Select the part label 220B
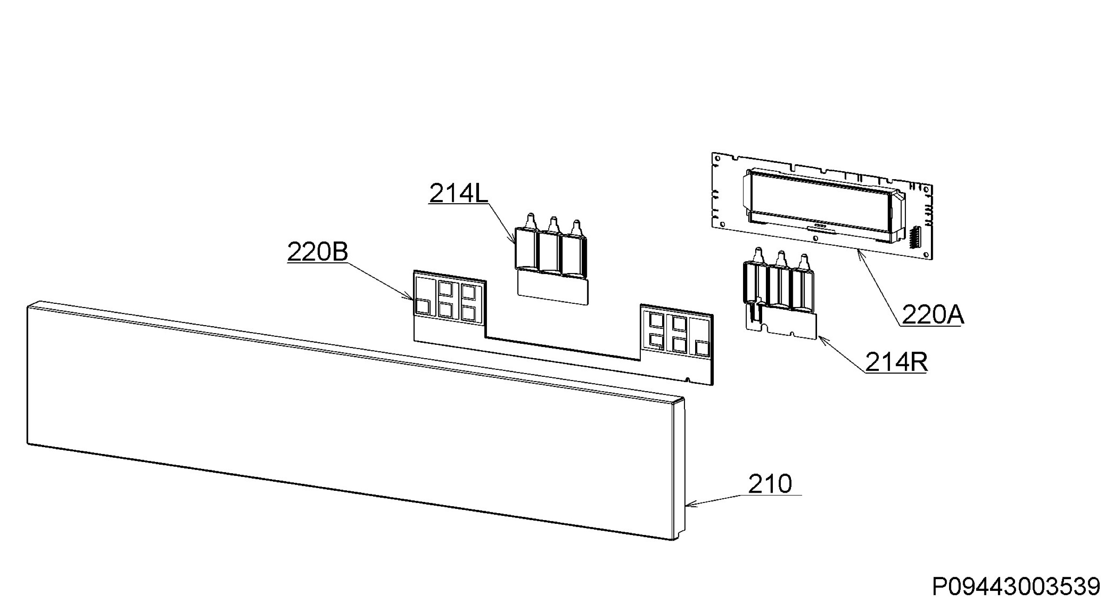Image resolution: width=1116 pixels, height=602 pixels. [318, 252]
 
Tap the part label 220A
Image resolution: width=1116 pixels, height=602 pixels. [933, 315]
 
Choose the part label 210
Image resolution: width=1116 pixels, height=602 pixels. [770, 484]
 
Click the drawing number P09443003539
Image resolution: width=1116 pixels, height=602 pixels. [1016, 587]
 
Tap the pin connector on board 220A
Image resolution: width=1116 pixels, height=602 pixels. [913, 238]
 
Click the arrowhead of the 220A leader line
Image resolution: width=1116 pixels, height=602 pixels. [860, 253]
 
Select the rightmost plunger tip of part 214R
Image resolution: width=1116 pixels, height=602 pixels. [804, 257]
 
